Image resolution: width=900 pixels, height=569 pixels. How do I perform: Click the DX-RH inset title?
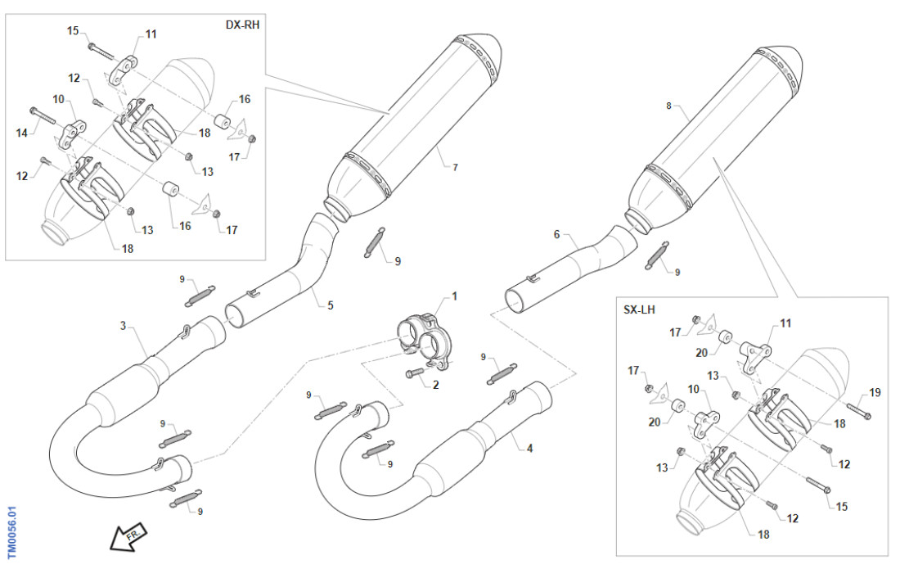(x=243, y=25)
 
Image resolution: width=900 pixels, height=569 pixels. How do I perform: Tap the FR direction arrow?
(x=128, y=536)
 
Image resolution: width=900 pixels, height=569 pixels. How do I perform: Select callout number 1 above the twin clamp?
(x=454, y=296)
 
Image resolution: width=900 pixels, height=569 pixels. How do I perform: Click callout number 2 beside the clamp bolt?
(x=436, y=384)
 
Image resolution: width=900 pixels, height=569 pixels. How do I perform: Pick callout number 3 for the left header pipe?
(x=123, y=326)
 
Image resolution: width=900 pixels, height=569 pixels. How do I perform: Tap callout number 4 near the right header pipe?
(x=529, y=448)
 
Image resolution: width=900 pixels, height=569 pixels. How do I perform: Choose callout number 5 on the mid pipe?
(x=331, y=305)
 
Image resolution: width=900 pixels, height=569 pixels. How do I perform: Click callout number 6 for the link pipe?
(x=556, y=235)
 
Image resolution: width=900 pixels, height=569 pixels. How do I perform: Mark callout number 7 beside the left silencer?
(x=456, y=167)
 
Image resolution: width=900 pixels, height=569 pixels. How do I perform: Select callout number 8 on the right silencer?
(x=668, y=106)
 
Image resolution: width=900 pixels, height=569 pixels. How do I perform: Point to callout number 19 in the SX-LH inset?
(x=875, y=393)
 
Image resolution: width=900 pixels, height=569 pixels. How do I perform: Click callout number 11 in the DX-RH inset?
(x=151, y=34)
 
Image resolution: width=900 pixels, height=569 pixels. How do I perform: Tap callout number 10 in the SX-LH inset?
(x=694, y=389)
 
